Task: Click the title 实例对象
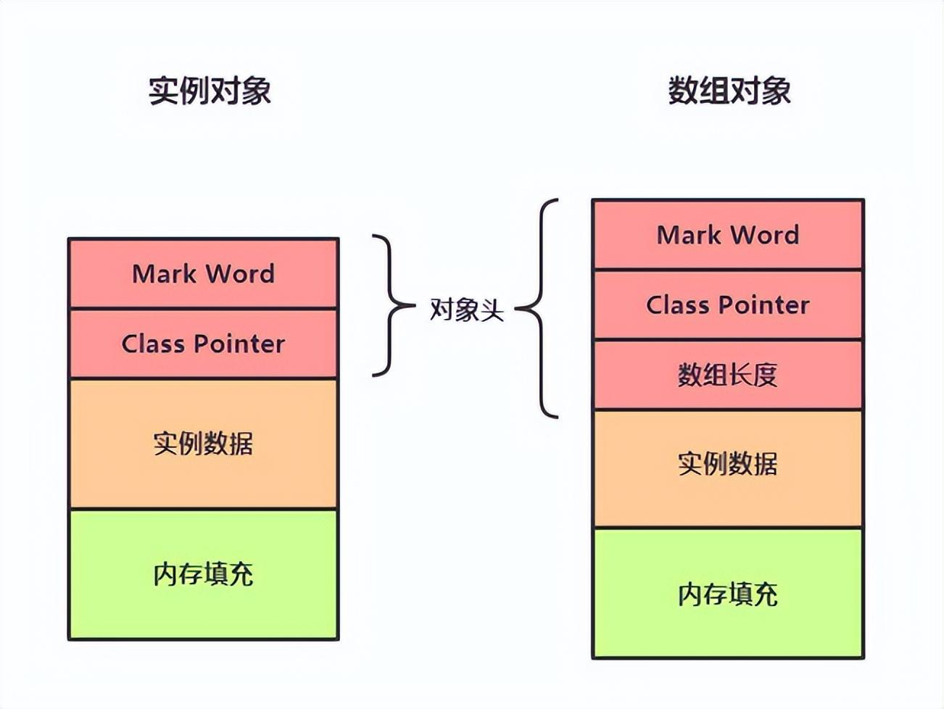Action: pyautogui.click(x=210, y=91)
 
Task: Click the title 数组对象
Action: pyautogui.click(x=729, y=91)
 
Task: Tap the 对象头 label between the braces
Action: pyautogui.click(x=466, y=310)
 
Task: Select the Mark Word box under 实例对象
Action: pyautogui.click(x=203, y=273)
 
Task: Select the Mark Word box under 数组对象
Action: pyautogui.click(x=728, y=234)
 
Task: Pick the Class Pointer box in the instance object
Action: pyautogui.click(x=203, y=343)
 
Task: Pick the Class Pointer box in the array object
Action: pyautogui.click(x=728, y=304)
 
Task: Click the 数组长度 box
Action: pyautogui.click(x=728, y=375)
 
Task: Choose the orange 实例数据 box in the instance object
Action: pyautogui.click(x=203, y=443)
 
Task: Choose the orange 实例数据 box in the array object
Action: pyautogui.click(x=728, y=464)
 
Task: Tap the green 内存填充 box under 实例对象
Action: pyautogui.click(x=203, y=574)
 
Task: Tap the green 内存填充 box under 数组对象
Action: pyautogui.click(x=728, y=594)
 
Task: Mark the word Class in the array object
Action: pyautogui.click(x=676, y=304)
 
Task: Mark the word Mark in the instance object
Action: pyautogui.click(x=163, y=273)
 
